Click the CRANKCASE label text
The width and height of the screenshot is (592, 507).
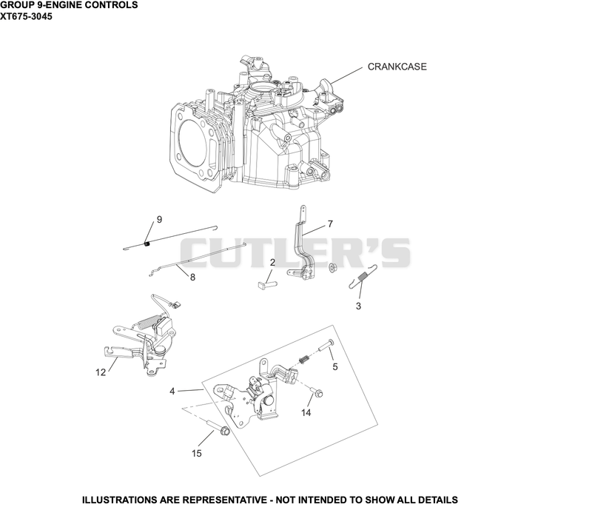[x=397, y=67]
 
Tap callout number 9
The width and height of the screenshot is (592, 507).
[x=159, y=219]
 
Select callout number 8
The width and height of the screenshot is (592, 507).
[x=192, y=278]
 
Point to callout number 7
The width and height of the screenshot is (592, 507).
[x=330, y=224]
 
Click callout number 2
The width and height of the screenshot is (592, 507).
[x=272, y=262]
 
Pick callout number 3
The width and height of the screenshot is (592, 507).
[x=358, y=306]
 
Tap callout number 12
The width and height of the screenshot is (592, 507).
[x=101, y=372]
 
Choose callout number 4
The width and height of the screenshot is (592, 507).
[x=172, y=392]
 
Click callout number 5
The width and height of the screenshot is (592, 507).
[x=335, y=366]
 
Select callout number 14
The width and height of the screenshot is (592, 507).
[x=306, y=412]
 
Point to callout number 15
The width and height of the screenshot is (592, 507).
[x=197, y=453]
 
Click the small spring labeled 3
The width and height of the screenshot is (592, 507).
[x=363, y=277]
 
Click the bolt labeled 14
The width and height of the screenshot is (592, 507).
[x=317, y=392]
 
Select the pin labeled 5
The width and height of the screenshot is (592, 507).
[x=326, y=345]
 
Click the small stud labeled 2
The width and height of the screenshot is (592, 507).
[x=266, y=283]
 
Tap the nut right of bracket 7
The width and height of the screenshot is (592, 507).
[x=332, y=267]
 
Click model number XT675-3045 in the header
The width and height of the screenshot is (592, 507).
[x=26, y=16]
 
